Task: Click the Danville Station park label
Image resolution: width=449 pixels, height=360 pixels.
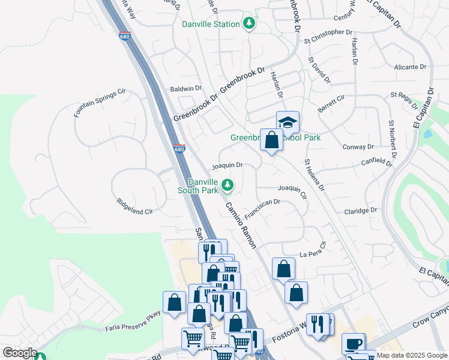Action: [211, 24]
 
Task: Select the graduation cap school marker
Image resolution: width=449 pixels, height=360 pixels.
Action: [288, 122]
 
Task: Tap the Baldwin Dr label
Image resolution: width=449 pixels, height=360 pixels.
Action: [186, 88]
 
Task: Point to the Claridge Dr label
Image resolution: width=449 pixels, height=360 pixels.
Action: [360, 211]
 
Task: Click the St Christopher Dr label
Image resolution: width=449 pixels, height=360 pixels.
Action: [328, 32]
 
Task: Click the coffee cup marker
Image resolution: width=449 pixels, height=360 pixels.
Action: [354, 344]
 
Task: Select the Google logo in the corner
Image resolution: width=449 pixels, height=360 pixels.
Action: [19, 353]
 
